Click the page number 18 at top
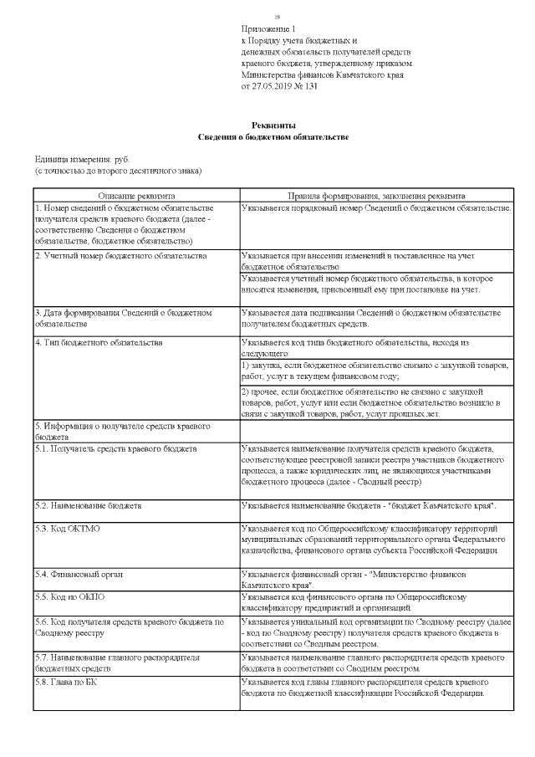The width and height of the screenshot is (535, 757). [x=278, y=18]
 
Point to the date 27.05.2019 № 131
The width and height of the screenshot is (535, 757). [x=279, y=86]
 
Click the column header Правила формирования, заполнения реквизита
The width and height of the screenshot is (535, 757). [x=376, y=194]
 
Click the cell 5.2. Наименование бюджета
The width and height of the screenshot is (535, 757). [x=88, y=506]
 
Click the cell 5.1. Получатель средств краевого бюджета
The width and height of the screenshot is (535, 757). [x=115, y=448]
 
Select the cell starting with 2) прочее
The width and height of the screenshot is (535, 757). [x=375, y=402]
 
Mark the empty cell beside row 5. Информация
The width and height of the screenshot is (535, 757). [x=375, y=430]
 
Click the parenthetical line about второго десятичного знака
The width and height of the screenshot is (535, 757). [x=118, y=171]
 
